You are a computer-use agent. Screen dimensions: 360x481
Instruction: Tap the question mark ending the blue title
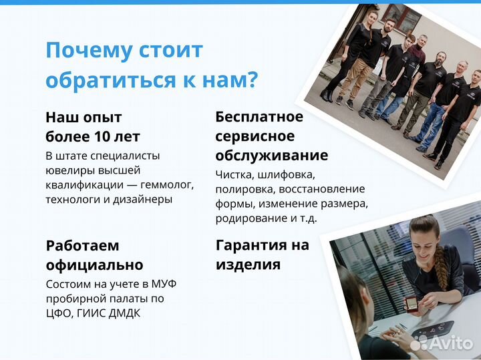251,80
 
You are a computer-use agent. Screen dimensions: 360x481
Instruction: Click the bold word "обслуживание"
271,156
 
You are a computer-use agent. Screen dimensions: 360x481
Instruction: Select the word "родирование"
245,218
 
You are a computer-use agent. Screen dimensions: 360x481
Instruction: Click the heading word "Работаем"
82,245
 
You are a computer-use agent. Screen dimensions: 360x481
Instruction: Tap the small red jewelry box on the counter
412,304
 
